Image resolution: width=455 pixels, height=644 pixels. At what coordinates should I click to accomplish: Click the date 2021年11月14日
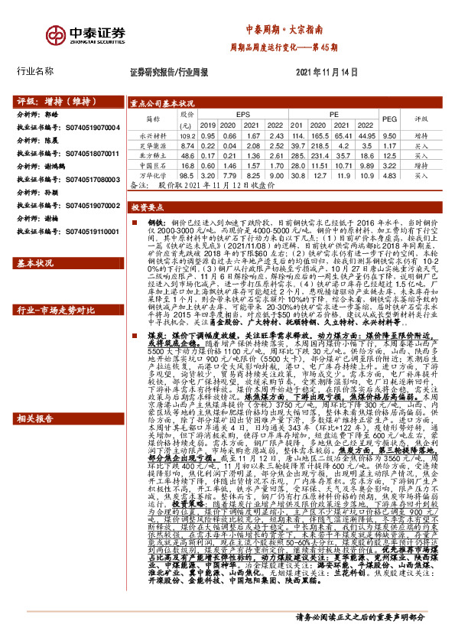[x=327, y=72]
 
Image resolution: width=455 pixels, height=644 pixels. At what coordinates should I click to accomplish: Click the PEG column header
[x=389, y=119]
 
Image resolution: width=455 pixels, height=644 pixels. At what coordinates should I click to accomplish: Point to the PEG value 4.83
[x=389, y=175]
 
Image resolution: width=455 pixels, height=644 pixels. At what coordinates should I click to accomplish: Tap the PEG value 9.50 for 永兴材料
[x=389, y=135]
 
